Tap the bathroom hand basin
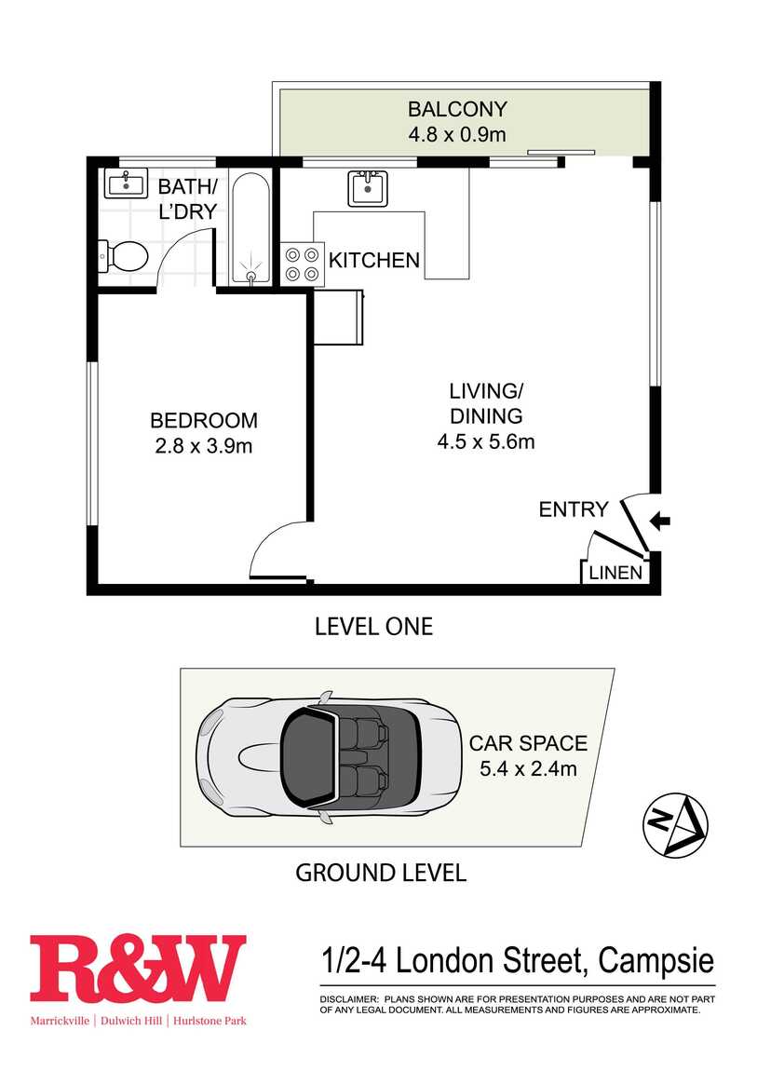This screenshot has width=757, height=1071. tap(126, 183)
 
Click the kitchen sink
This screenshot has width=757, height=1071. tap(368, 188)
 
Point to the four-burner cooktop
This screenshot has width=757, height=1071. tap(303, 264)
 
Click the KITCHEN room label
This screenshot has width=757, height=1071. tap(374, 260)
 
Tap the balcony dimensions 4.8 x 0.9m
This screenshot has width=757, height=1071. tap(456, 134)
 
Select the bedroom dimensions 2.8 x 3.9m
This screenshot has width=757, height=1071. tap(203, 446)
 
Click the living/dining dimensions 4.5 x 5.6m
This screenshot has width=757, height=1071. tap(486, 441)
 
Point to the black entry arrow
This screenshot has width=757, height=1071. tap(660, 522)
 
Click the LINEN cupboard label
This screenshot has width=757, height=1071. tap(615, 573)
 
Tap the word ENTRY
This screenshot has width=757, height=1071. tap(574, 509)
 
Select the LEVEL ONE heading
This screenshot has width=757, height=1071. tap(374, 627)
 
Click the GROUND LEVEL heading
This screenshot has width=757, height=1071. tap(381, 873)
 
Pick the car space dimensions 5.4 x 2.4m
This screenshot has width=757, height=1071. tap(528, 768)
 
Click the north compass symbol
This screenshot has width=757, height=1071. tap(675, 824)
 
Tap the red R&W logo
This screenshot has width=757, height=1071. tap(137, 969)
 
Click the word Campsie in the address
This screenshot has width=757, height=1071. tap(656, 961)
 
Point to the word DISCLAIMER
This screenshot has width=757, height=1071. tap(349, 998)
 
